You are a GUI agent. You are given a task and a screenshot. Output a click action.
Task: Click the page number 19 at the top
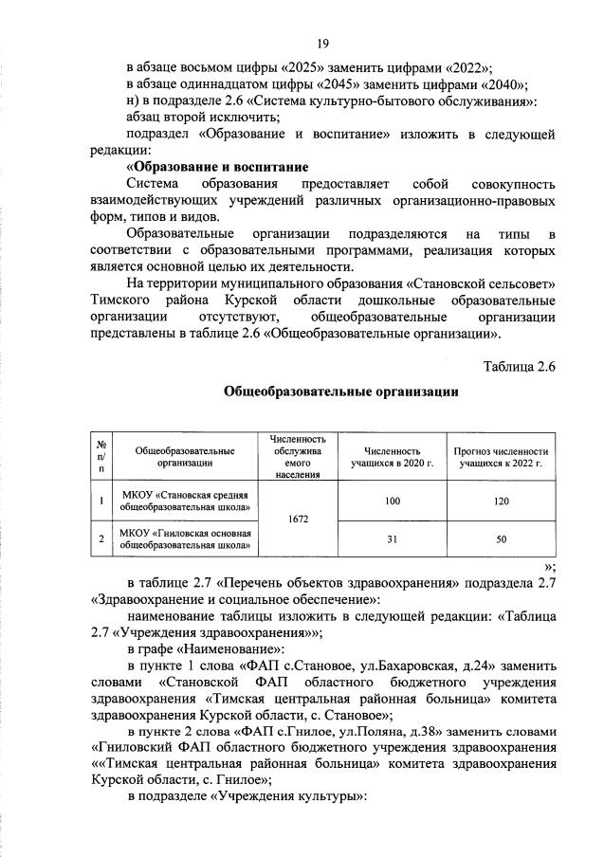322,43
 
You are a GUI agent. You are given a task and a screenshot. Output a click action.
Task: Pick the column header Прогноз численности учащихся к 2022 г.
501,457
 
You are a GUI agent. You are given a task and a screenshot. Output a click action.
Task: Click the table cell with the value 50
501,538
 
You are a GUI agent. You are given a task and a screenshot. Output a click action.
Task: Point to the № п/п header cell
101,457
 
